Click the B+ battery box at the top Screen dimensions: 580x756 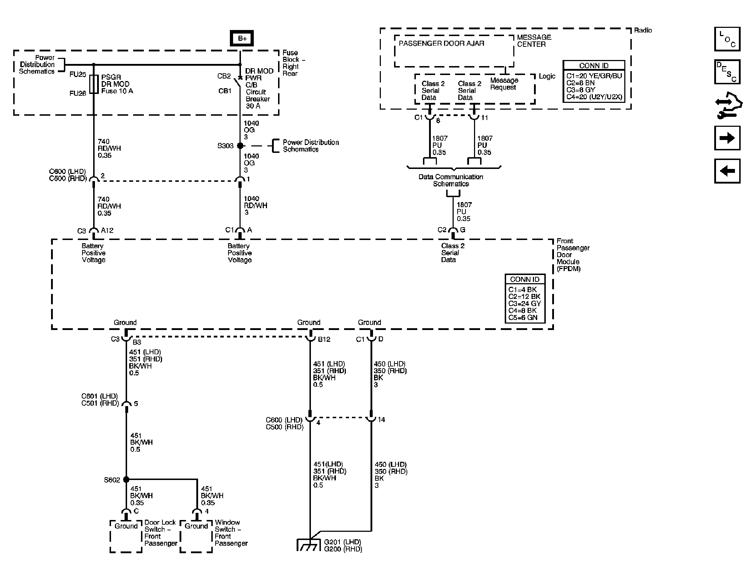click(242, 38)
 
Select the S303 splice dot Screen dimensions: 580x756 click(240, 146)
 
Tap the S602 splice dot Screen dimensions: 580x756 click(126, 479)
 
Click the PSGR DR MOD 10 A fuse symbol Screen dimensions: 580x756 click(94, 84)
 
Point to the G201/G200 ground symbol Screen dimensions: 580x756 click(308, 545)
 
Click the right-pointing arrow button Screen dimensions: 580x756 click(727, 138)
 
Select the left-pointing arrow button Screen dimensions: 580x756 click(727, 171)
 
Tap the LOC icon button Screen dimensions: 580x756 click(727, 39)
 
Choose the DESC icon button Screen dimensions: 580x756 click(727, 72)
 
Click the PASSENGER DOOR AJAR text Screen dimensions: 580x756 click(442, 44)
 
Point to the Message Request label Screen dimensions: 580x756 click(504, 84)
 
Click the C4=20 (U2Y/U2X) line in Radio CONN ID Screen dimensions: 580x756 click(594, 97)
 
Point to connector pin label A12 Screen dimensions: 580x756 click(107, 231)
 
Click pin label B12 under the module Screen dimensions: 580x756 click(324, 340)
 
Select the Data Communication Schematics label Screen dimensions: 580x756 click(451, 180)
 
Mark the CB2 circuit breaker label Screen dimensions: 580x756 click(224, 76)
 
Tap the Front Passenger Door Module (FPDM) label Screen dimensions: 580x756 click(573, 255)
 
